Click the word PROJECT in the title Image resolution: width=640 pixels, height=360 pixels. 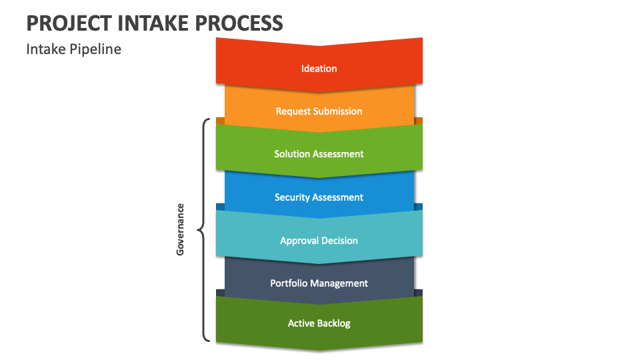coord(69,23)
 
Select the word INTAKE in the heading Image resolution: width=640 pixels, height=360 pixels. coord(153,23)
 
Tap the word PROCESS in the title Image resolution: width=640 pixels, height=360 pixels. coord(239,23)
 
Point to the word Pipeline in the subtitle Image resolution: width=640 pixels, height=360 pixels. coord(95,49)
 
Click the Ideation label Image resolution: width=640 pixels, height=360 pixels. coord(319,69)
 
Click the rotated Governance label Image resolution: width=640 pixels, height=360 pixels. coord(180,229)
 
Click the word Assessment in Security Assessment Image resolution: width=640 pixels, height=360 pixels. coord(338,197)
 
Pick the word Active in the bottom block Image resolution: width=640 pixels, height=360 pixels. coord(301,323)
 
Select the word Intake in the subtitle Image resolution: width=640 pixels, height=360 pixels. coord(46,49)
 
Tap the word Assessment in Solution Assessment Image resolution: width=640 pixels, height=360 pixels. coord(338,154)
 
